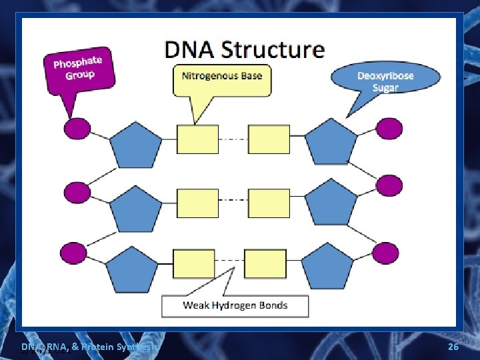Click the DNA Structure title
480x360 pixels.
[245, 50]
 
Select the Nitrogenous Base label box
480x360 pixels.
[222, 76]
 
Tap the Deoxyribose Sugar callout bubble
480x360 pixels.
[385, 81]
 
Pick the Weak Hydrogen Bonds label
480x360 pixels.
[235, 305]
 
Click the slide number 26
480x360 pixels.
[453, 347]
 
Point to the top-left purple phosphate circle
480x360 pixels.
[77, 127]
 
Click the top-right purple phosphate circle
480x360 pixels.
[389, 128]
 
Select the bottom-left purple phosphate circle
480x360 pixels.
[73, 253]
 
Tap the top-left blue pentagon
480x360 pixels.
[135, 145]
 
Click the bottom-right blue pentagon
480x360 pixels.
[327, 267]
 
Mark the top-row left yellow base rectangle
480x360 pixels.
[197, 139]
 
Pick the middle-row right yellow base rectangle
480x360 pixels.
[269, 203]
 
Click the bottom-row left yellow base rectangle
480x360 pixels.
[193, 263]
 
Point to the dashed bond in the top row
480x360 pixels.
[233, 139]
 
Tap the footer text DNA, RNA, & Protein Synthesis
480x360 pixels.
[89, 347]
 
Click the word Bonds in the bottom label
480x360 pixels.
[272, 305]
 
